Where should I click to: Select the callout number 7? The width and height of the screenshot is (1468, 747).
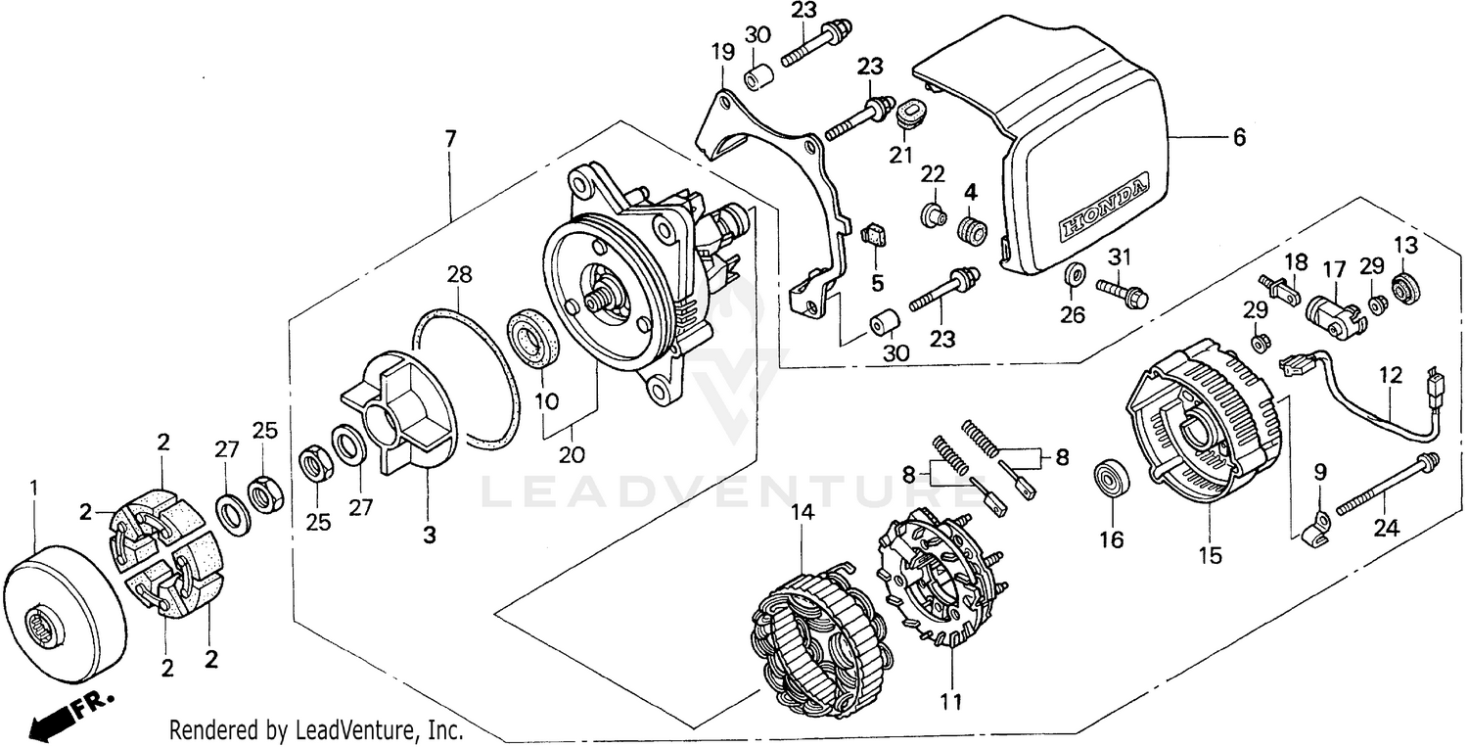450,139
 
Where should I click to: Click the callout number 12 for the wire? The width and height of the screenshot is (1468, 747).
1391,375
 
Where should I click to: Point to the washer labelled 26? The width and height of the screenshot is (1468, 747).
1074,271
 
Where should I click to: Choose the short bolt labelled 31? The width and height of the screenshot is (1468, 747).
1121,290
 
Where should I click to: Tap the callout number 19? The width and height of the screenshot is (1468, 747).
723,52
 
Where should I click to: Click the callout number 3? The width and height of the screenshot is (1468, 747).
430,535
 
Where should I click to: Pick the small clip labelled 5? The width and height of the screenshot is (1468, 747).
873,236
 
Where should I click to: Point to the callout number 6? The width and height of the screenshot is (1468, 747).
1239,138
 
